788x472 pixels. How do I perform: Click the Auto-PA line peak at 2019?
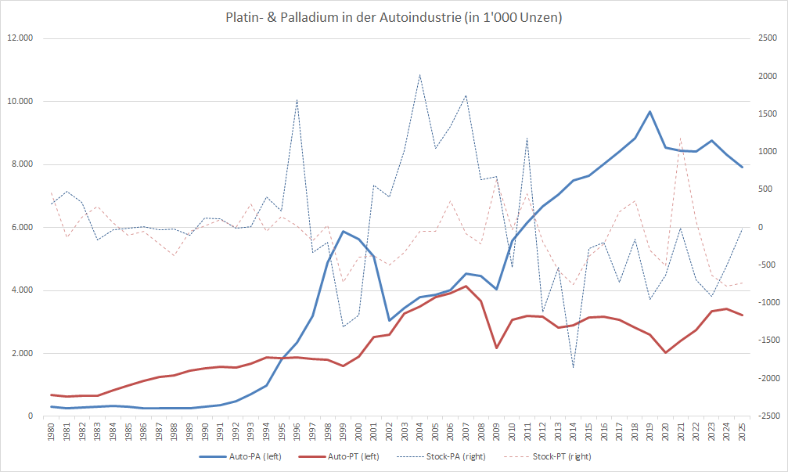pos(649,111)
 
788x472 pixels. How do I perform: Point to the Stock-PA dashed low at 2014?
pos(574,367)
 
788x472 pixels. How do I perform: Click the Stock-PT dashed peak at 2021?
pos(681,138)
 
